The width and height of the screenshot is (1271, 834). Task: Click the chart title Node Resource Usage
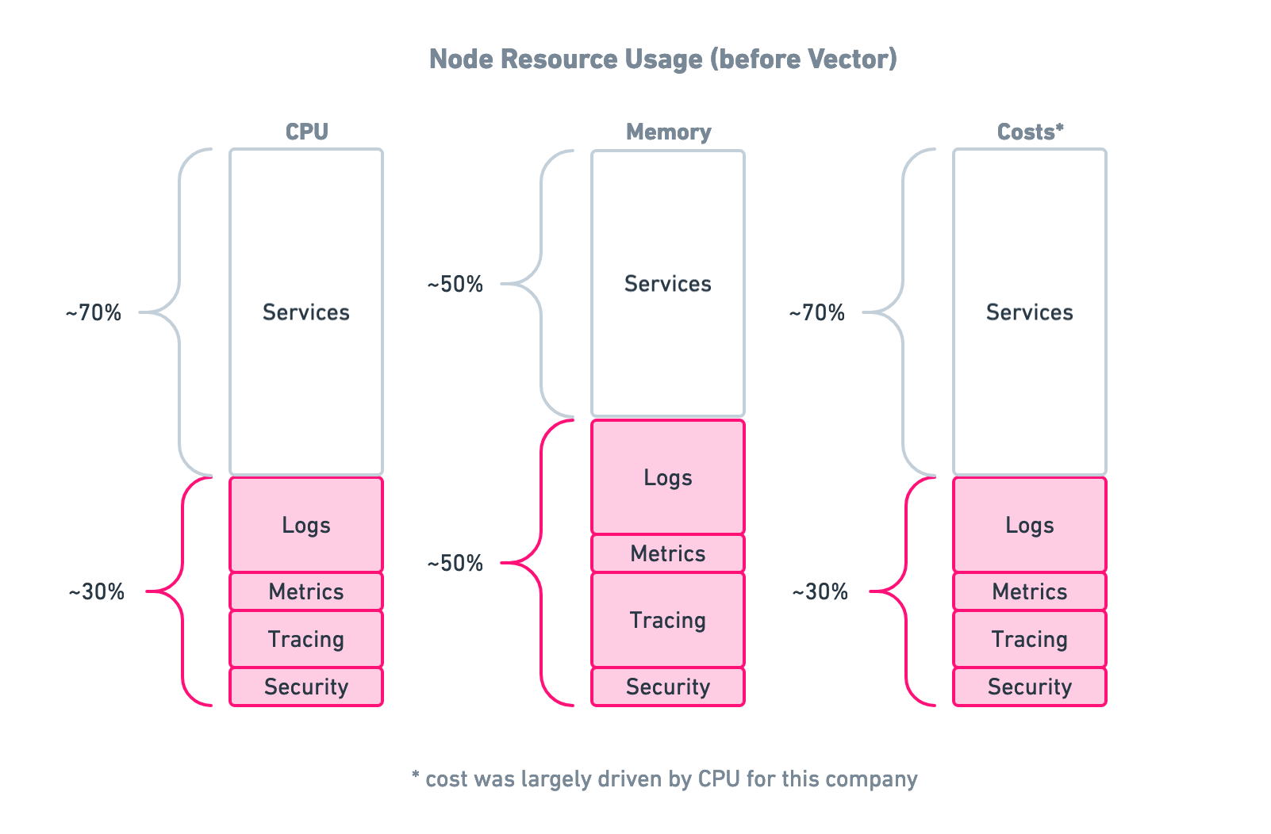click(662, 59)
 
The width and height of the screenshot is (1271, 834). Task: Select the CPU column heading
click(306, 132)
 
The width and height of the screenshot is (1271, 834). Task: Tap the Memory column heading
click(668, 132)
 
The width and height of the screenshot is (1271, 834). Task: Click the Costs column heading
click(1029, 132)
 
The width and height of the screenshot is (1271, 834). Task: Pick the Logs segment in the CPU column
click(306, 525)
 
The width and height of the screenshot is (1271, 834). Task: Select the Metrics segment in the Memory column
click(668, 553)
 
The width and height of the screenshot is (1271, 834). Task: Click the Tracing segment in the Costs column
click(1029, 639)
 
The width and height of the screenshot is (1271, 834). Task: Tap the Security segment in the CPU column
click(306, 687)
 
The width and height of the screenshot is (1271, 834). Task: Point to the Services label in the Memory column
click(668, 284)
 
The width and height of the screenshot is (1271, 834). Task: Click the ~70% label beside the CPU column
click(94, 312)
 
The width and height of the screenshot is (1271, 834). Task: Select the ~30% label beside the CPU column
click(96, 591)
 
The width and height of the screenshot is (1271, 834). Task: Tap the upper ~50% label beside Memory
click(455, 284)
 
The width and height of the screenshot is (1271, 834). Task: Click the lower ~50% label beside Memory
click(455, 563)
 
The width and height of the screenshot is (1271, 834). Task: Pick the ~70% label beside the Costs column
click(817, 312)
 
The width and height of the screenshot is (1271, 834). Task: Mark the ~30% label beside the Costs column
click(820, 591)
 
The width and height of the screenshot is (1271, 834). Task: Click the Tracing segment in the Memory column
click(668, 620)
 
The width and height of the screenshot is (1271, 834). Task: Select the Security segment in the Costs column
click(1029, 687)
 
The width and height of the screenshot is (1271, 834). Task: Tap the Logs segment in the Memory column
click(668, 477)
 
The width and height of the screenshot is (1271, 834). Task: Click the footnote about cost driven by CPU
click(664, 779)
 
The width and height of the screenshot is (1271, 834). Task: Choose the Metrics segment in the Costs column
click(1029, 591)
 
